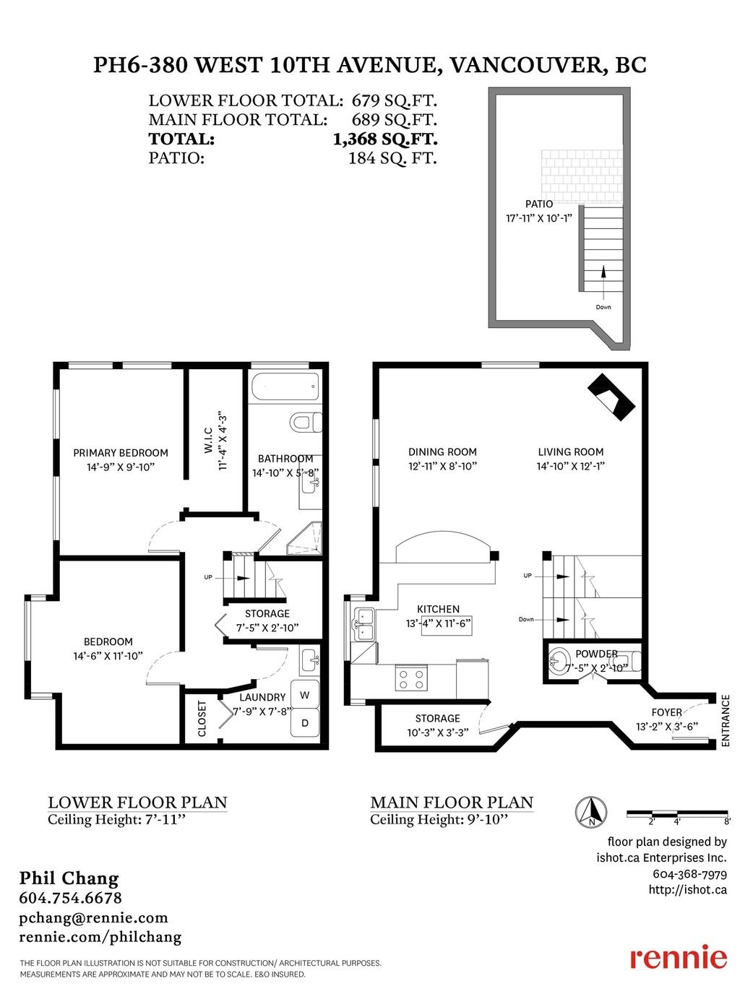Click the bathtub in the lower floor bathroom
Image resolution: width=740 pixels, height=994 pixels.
point(285,386)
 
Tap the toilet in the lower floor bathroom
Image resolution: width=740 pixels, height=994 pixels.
point(306,422)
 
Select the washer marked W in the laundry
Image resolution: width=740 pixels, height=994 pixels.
point(305,695)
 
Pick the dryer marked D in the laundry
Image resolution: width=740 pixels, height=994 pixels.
point(305,722)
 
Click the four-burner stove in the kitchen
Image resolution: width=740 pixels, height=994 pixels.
point(411,678)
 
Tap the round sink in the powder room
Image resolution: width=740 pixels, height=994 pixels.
point(559,660)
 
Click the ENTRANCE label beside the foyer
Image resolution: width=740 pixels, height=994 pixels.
point(726,721)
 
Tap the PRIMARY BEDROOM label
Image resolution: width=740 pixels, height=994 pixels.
point(121,453)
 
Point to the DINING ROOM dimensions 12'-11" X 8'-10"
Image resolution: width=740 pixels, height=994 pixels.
point(442,466)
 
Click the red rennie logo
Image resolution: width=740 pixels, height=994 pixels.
point(678,957)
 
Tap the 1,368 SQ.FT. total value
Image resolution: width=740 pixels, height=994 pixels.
point(384,139)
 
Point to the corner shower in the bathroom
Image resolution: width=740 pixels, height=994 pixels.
point(304,537)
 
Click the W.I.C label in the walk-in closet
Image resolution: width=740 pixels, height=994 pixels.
point(208,441)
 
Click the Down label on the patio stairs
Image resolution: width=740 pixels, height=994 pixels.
point(603,307)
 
